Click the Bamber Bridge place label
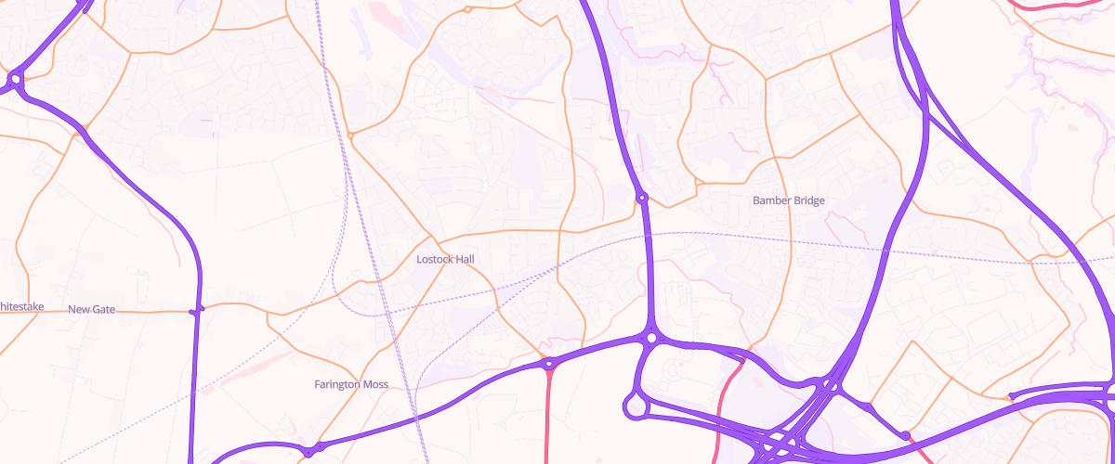click(788, 200)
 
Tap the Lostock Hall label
click(446, 259)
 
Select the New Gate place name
click(92, 309)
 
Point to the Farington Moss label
click(351, 384)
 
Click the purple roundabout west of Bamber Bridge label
click(641, 198)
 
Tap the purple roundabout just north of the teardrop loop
click(651, 339)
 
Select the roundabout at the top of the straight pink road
click(549, 363)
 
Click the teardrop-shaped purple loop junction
click(636, 405)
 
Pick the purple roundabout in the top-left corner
click(16, 81)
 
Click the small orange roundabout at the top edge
click(467, 9)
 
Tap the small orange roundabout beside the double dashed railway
click(351, 136)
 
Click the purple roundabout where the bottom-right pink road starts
click(904, 435)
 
